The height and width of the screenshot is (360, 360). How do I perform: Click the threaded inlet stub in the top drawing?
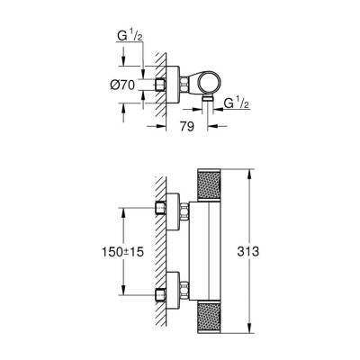click(x=160, y=82)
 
